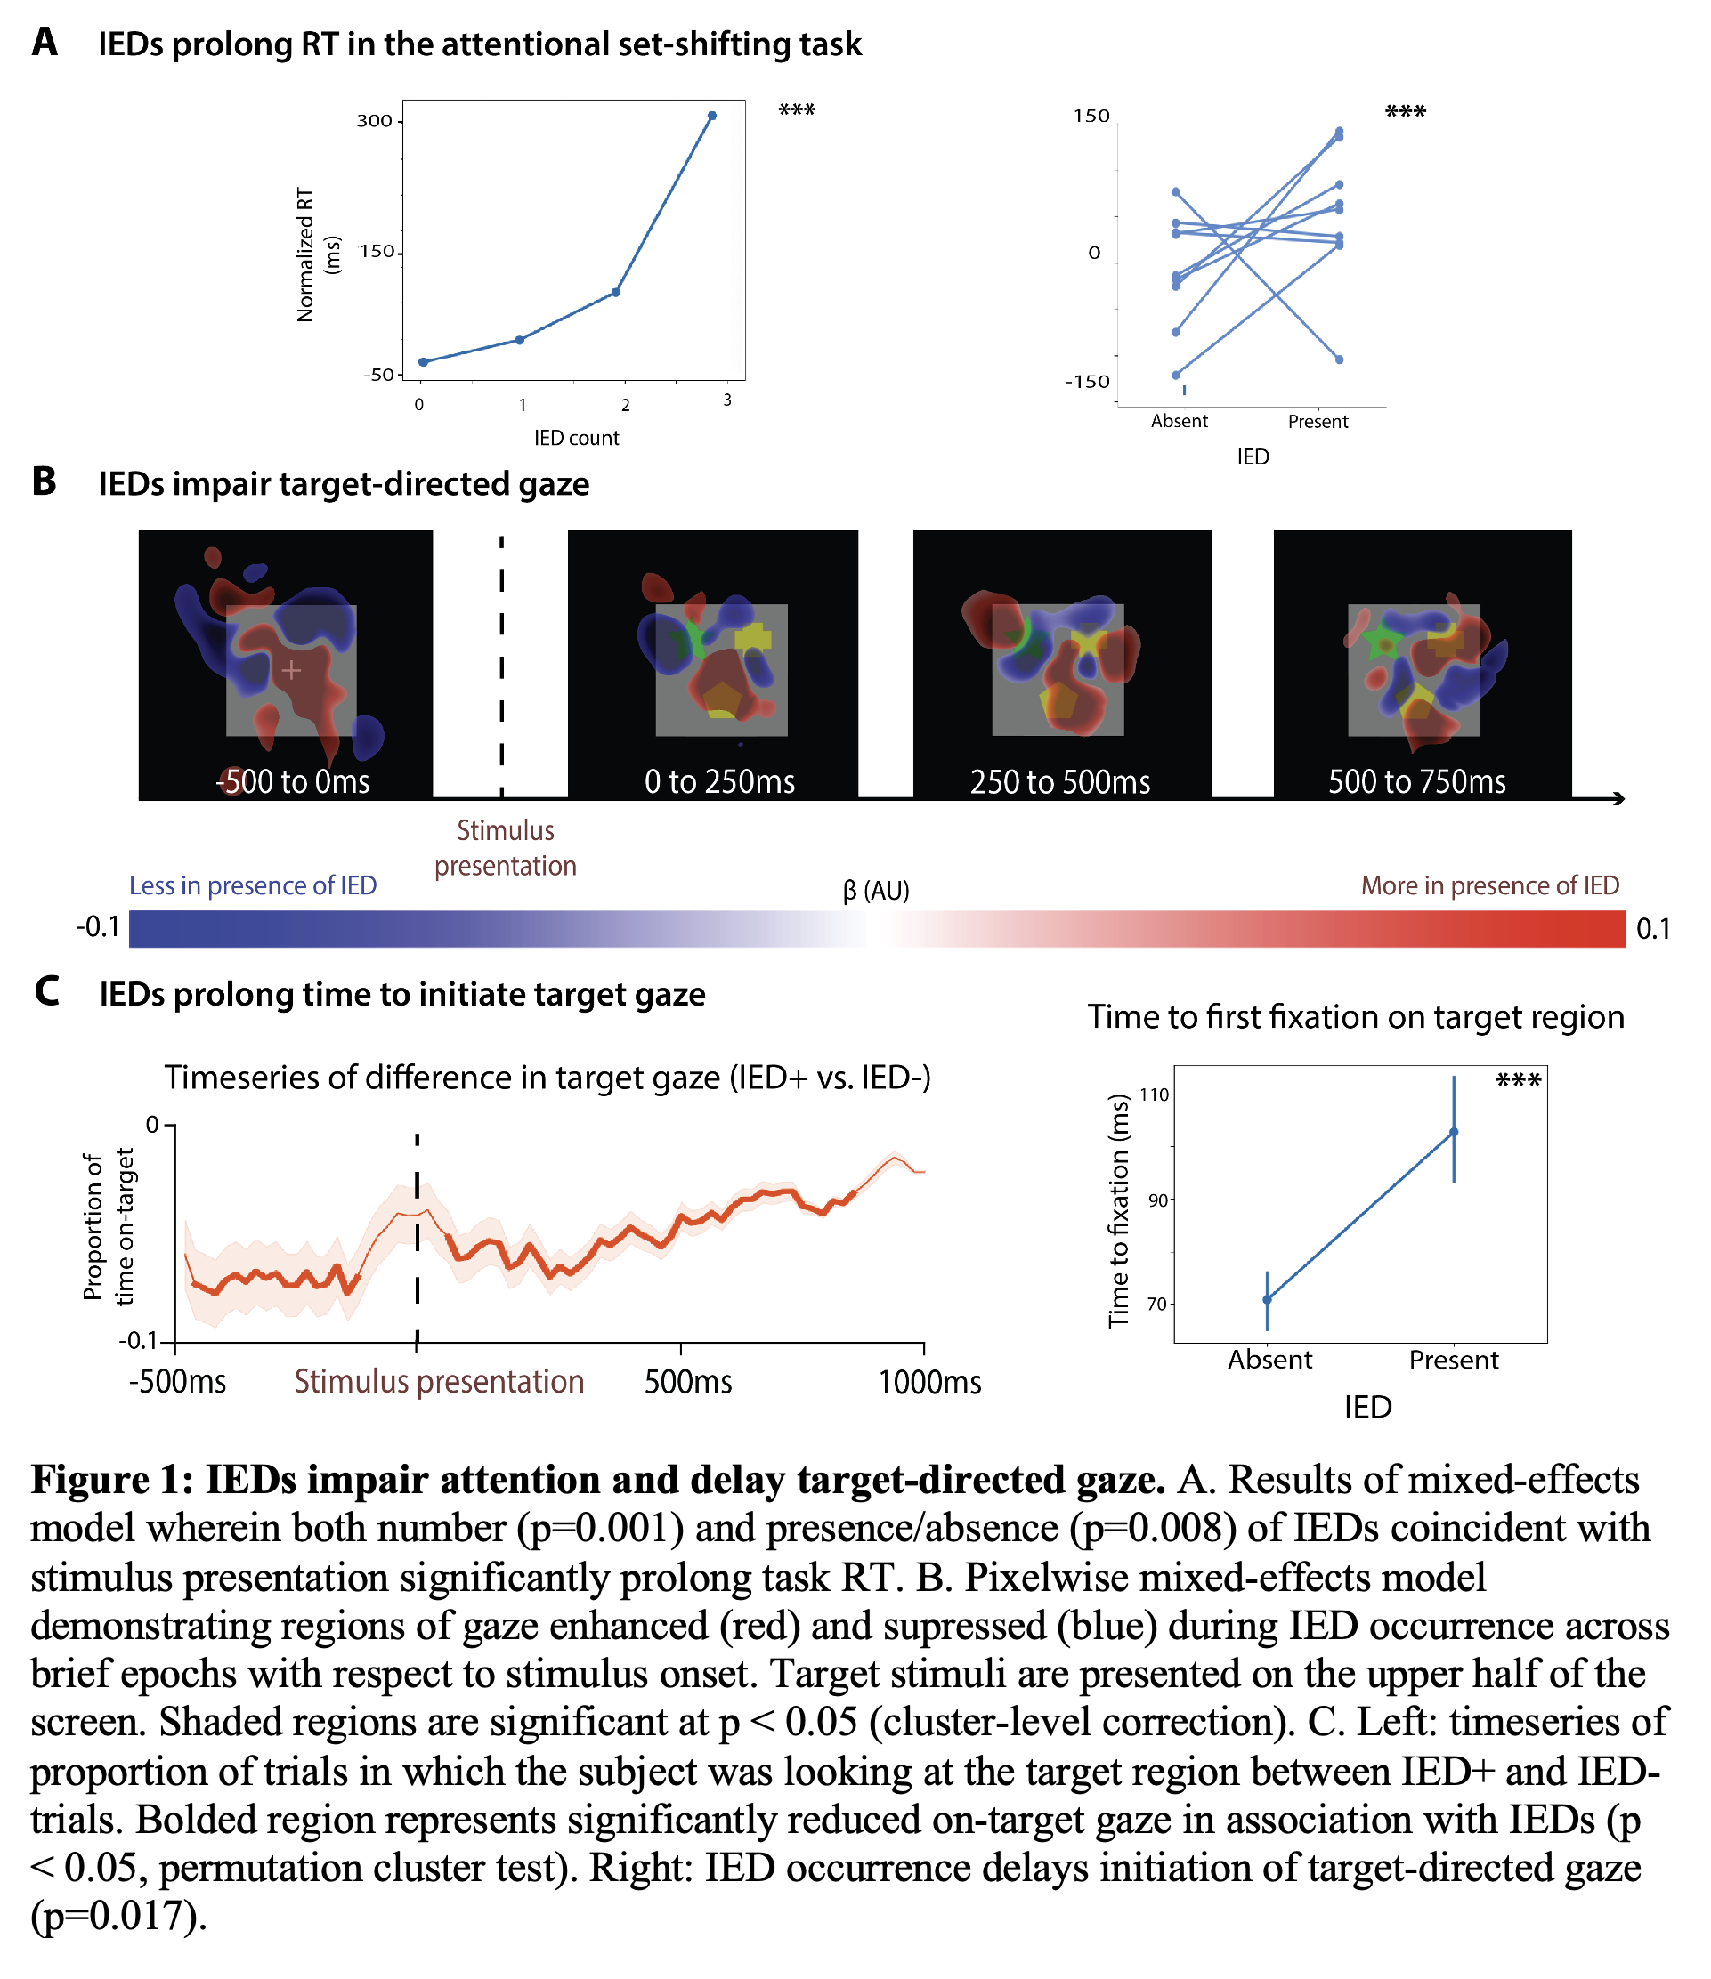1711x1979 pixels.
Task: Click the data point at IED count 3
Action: tap(711, 116)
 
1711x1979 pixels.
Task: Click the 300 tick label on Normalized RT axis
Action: tap(375, 120)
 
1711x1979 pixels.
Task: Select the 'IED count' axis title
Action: tap(576, 438)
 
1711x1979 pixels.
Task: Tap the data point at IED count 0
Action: tap(422, 362)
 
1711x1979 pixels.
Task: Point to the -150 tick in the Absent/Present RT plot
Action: tap(1087, 382)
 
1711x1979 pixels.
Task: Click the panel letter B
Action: tap(44, 481)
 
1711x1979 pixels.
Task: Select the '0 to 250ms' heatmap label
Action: tap(719, 781)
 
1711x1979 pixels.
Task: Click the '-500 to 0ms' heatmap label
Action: tap(292, 781)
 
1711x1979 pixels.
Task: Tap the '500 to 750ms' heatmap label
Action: tap(1416, 781)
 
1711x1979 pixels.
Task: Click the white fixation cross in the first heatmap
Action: tap(291, 670)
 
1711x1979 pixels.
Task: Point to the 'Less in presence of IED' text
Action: tap(253, 885)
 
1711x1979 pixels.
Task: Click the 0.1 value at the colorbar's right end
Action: tap(1653, 928)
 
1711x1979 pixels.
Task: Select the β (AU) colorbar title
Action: tap(876, 891)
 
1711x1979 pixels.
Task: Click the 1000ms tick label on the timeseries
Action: tap(929, 1382)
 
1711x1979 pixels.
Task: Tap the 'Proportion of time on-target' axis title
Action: tap(107, 1226)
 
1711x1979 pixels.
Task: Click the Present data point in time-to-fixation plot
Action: tap(1454, 1132)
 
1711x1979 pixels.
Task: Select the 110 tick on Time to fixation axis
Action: tap(1155, 1095)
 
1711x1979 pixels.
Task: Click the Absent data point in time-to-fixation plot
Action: tap(1267, 1300)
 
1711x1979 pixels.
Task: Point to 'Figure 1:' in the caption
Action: tap(113, 1480)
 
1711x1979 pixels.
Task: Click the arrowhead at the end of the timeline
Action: tap(1619, 798)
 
